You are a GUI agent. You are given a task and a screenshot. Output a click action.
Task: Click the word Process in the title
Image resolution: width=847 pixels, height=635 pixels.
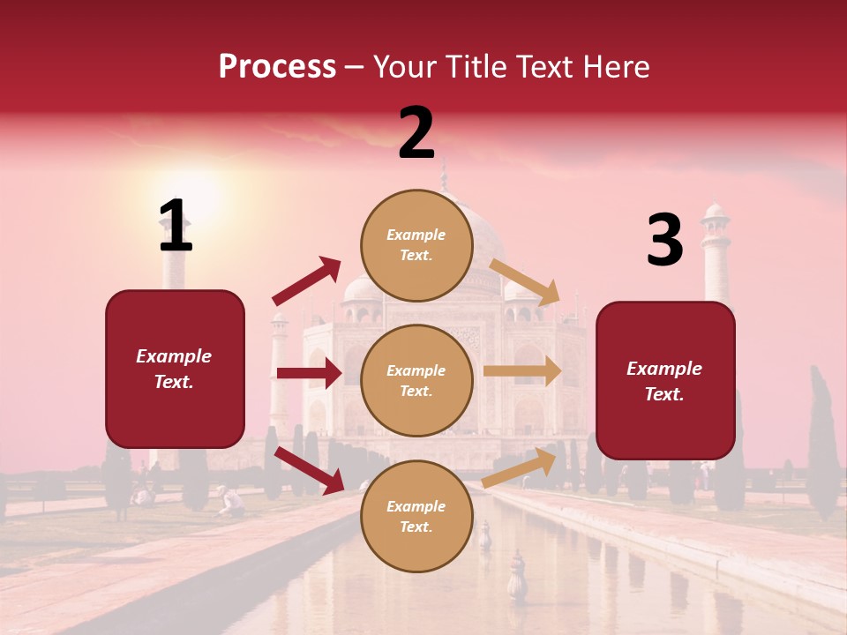tap(277, 67)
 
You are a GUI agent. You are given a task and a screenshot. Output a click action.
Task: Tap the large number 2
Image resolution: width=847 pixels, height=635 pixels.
tap(416, 133)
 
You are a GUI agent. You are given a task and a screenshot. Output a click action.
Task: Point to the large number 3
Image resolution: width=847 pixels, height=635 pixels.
tap(664, 241)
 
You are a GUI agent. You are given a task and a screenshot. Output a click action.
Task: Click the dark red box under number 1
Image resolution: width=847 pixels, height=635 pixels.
tap(175, 369)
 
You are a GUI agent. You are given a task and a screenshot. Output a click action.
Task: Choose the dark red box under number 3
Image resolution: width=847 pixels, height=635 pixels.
tap(665, 380)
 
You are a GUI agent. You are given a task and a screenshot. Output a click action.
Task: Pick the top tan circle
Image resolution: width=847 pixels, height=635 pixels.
tap(416, 245)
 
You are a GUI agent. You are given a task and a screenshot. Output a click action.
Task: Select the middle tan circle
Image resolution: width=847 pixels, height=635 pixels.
tap(416, 380)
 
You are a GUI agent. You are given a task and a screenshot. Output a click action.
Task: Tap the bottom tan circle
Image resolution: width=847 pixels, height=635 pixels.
tap(416, 516)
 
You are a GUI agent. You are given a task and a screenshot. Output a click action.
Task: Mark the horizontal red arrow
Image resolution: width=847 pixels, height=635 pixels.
tap(309, 373)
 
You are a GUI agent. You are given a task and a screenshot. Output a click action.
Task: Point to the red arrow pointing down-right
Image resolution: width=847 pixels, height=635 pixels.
tap(310, 469)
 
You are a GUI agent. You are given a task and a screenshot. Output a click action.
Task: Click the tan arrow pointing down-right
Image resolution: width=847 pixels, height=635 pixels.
tap(525, 281)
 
